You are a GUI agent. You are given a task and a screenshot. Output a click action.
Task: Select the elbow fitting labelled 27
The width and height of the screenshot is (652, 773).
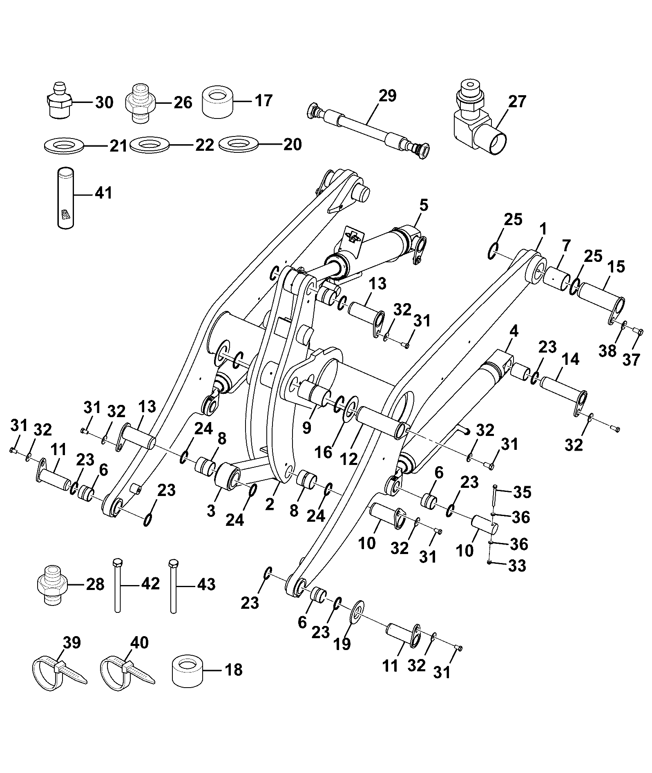(478, 119)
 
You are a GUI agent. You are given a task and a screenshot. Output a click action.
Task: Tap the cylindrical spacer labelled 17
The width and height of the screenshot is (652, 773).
(217, 102)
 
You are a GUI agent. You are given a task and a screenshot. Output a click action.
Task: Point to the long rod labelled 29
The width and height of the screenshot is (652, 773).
(367, 127)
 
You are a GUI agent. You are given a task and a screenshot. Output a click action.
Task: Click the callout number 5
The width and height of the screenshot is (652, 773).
(424, 206)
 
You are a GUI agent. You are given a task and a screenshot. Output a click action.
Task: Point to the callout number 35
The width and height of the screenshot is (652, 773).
(522, 492)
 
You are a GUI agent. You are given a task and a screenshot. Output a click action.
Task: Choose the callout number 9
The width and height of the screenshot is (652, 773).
(306, 427)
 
